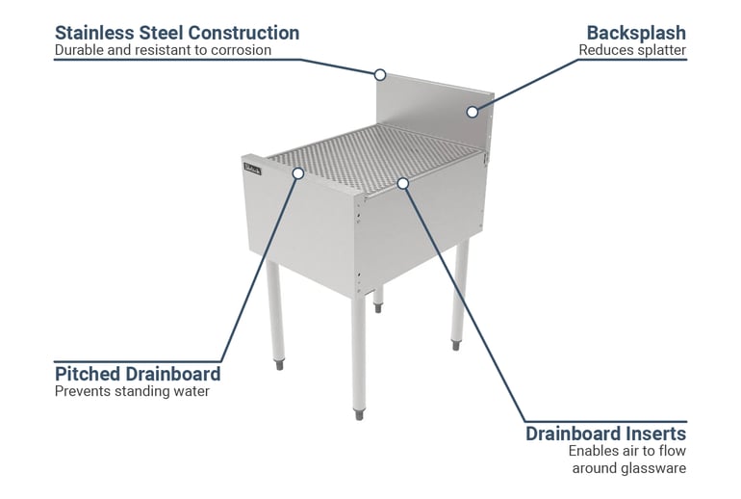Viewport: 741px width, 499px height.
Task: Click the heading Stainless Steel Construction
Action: (x=176, y=32)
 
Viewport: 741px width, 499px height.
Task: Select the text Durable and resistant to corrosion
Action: (x=163, y=50)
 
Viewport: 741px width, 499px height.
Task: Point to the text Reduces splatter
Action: (x=632, y=50)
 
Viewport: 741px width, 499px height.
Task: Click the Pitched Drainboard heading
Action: (x=138, y=373)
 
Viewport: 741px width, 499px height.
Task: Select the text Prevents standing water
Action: (x=132, y=391)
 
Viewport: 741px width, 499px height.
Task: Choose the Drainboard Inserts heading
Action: (x=605, y=433)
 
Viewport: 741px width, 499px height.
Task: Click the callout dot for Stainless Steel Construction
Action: (x=380, y=74)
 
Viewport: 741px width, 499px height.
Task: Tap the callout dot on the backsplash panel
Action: (x=472, y=112)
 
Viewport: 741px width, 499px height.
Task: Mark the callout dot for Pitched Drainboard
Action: (x=298, y=173)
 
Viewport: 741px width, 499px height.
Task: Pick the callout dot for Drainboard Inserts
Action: (x=403, y=182)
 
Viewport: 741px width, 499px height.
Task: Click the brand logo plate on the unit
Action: (x=252, y=169)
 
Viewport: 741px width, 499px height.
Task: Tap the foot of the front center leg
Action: (x=358, y=414)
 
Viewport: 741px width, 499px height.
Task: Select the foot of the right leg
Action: (x=456, y=342)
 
